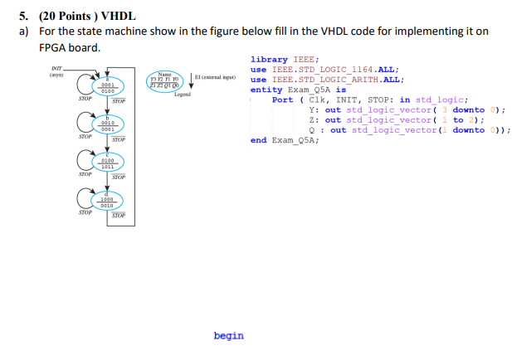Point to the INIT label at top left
[56, 71]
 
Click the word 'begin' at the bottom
[228, 336]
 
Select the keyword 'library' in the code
[269, 60]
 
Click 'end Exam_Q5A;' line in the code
[285, 140]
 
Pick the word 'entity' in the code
[266, 90]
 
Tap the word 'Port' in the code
[282, 100]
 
